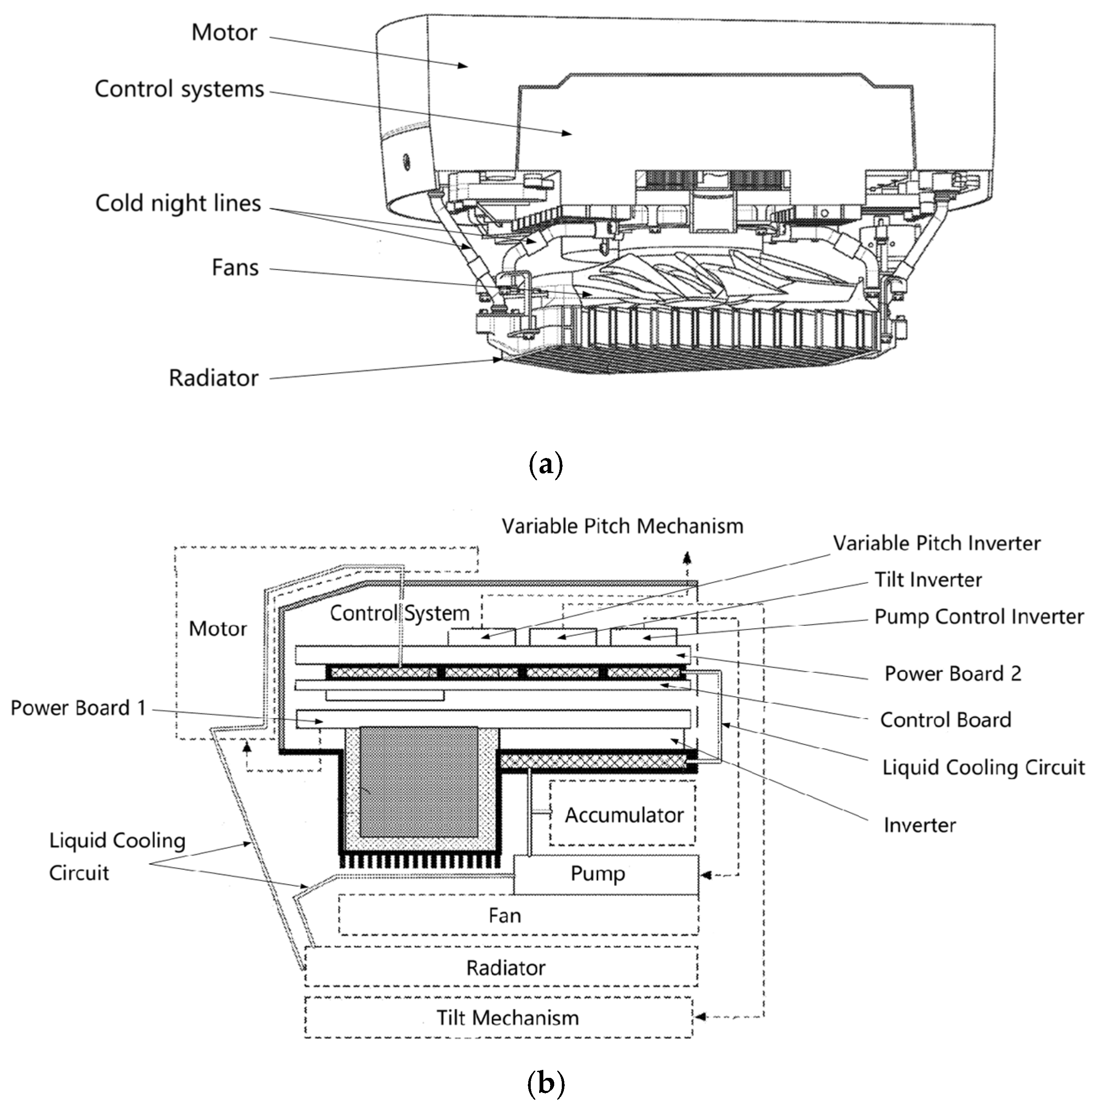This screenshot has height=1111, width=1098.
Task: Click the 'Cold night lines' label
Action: pos(178,203)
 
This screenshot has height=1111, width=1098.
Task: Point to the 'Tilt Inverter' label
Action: pos(927,580)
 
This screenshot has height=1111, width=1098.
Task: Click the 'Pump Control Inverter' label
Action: pos(979,617)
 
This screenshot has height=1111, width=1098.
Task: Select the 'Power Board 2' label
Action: pos(953,674)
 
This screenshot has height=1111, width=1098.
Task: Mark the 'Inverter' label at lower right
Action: pos(919,825)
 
